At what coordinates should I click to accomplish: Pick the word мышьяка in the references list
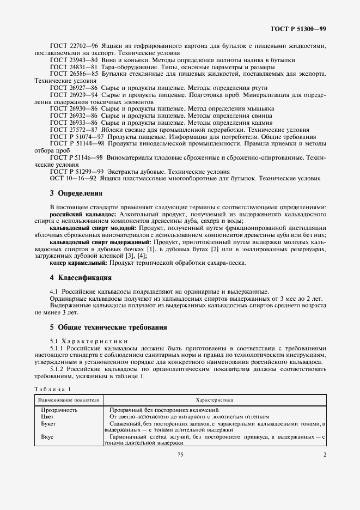click(x=257, y=108)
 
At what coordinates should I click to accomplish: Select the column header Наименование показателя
click(x=68, y=399)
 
